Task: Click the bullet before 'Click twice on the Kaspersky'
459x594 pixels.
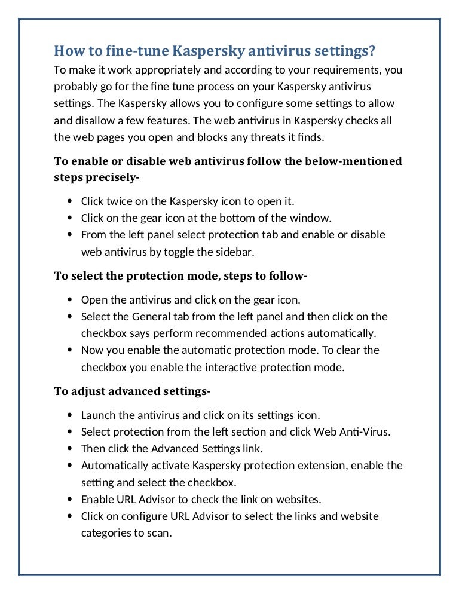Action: click(x=71, y=201)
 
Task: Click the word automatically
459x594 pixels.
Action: click(x=342, y=333)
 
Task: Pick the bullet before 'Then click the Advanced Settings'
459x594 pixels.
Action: click(x=71, y=448)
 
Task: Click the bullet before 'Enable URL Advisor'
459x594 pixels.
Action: click(x=71, y=498)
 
